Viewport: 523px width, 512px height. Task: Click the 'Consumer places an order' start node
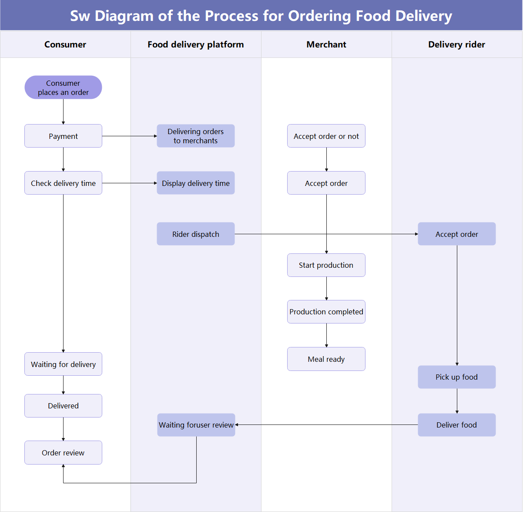pos(63,88)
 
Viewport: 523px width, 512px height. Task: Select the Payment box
pos(63,136)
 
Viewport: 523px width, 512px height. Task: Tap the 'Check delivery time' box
pos(63,183)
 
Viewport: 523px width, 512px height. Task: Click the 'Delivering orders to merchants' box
pos(195,136)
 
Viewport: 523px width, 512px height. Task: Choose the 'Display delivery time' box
pos(195,183)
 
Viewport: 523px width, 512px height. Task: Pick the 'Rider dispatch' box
pos(195,234)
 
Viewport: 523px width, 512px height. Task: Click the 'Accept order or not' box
pos(326,136)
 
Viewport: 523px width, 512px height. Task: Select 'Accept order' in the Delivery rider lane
pos(456,234)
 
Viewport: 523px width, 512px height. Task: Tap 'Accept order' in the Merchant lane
pos(326,183)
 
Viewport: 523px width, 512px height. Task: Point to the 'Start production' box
pos(326,265)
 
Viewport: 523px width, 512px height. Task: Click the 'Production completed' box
pos(326,312)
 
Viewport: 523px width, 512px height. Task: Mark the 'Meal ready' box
pos(326,359)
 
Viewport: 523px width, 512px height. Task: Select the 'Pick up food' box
pos(456,377)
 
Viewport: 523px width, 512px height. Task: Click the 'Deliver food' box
pos(456,425)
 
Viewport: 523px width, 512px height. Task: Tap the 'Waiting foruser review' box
pos(196,425)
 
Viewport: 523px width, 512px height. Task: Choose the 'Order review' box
pos(63,453)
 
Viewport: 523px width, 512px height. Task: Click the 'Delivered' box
pos(63,406)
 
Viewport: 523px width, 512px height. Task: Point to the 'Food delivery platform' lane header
pos(195,44)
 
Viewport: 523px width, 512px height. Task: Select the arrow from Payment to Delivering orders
pos(129,136)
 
